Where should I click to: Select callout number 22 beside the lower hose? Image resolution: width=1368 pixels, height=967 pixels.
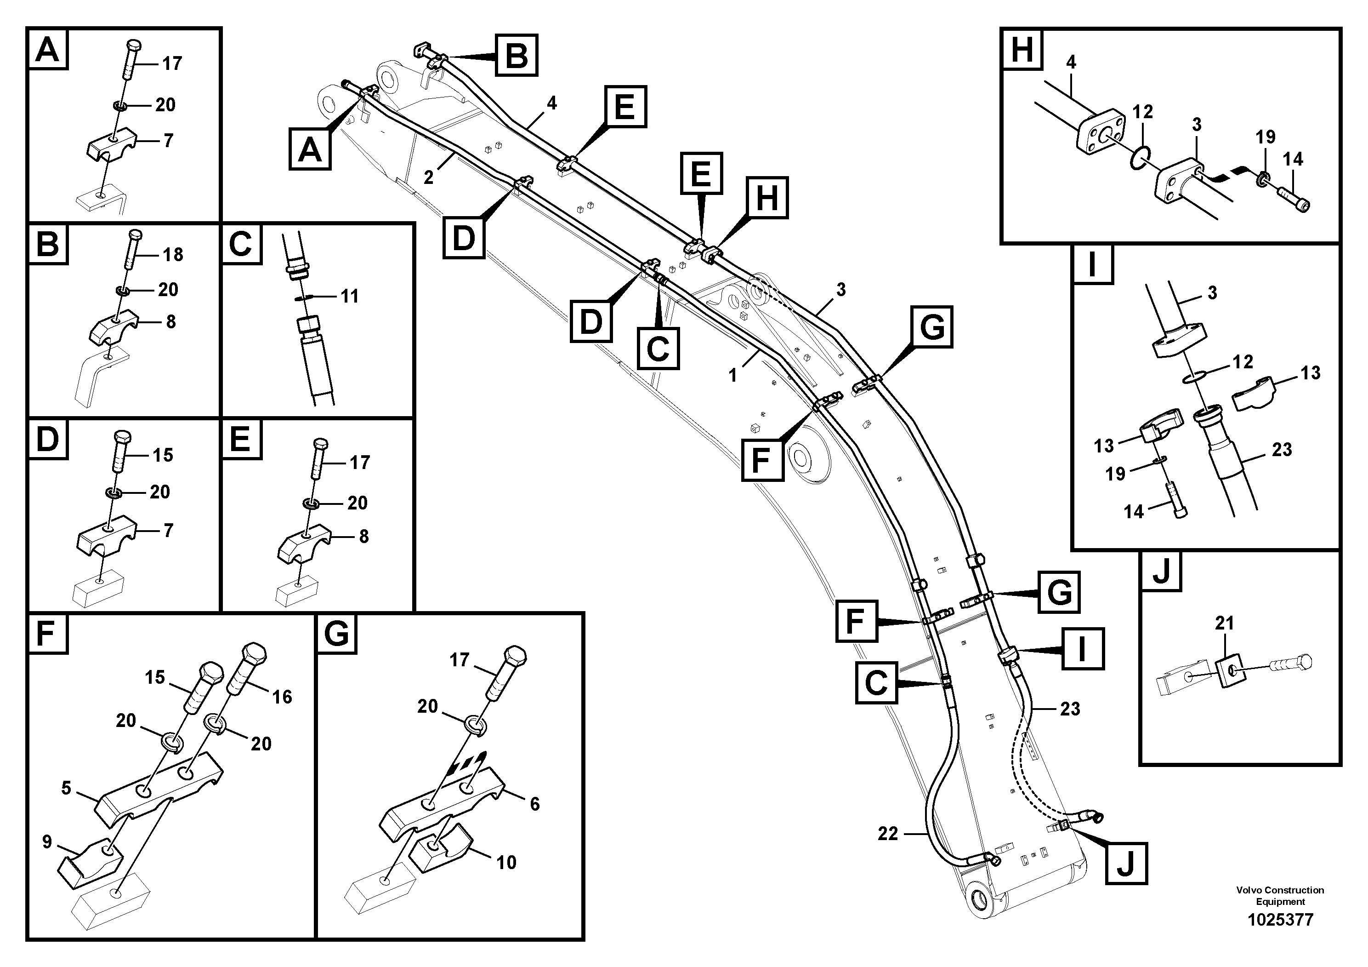[x=888, y=834]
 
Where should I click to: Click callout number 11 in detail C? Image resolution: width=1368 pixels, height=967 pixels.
[x=349, y=296]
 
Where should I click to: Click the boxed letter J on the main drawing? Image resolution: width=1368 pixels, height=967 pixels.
[x=1125, y=863]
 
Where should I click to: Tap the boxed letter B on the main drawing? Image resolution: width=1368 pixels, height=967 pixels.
[x=517, y=56]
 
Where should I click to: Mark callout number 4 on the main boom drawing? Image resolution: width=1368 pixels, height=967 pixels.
[x=552, y=103]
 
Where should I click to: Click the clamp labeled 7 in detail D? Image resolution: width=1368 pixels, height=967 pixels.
[x=107, y=532]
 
